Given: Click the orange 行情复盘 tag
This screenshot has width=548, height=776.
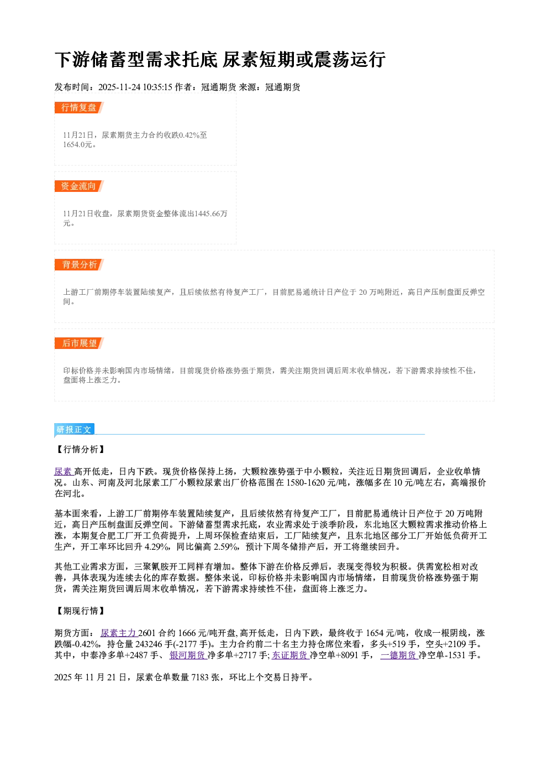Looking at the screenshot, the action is pyautogui.click(x=79, y=107).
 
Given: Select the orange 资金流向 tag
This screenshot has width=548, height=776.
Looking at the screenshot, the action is pyautogui.click(x=79, y=186).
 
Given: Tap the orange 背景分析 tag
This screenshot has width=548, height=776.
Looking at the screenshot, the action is pyautogui.click(x=79, y=265).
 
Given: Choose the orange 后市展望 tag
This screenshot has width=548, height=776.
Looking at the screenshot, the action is pyautogui.click(x=79, y=343).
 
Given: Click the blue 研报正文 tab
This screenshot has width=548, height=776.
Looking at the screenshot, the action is pyautogui.click(x=74, y=430).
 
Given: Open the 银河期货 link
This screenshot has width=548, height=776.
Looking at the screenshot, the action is pyautogui.click(x=188, y=655).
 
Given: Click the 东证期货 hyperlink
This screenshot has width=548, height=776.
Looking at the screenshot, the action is pyautogui.click(x=290, y=655).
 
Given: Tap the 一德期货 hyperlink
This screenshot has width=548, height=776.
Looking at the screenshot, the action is pyautogui.click(x=399, y=655).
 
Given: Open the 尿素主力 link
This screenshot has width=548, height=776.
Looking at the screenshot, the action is pyautogui.click(x=119, y=633).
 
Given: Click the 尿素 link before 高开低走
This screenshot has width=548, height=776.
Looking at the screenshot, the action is pyautogui.click(x=64, y=471).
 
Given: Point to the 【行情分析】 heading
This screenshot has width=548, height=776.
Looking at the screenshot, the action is pyautogui.click(x=80, y=449).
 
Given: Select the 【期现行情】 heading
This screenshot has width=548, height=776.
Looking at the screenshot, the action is pyautogui.click(x=80, y=611).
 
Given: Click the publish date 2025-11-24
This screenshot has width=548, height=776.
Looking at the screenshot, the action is pyautogui.click(x=119, y=87).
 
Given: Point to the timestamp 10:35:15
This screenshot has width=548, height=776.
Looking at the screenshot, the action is pyautogui.click(x=157, y=87).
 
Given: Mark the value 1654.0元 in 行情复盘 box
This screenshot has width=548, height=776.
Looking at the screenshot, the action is pyautogui.click(x=77, y=144).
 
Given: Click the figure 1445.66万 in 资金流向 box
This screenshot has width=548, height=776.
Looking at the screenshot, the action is pyautogui.click(x=211, y=213).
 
